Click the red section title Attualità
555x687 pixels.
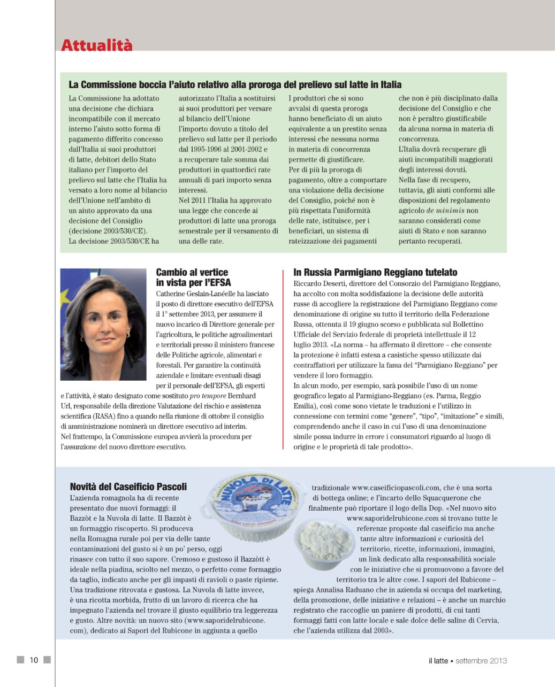(97, 45)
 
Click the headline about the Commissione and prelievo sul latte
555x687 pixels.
(235, 84)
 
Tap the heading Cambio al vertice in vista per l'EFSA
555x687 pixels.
(193, 277)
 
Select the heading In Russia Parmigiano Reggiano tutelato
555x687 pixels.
(375, 273)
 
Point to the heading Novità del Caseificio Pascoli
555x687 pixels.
(128, 487)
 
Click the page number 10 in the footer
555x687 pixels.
(34, 660)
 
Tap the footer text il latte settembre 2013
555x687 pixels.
(467, 661)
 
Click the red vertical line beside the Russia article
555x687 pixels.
(283, 358)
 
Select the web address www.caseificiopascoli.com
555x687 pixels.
(396, 488)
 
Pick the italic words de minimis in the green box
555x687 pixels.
(445, 211)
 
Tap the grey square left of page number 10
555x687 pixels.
(20, 660)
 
